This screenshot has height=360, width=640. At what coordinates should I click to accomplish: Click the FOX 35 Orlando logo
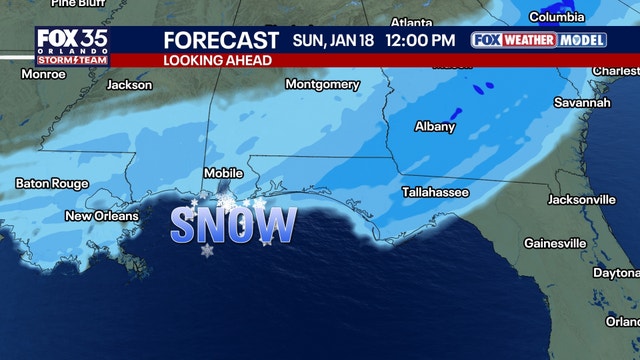click(x=72, y=46)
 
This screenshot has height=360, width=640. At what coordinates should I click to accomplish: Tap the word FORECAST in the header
click(x=221, y=40)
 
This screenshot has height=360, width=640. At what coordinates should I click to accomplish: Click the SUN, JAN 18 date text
click(x=335, y=40)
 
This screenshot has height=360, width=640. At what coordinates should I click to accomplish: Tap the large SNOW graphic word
click(x=233, y=223)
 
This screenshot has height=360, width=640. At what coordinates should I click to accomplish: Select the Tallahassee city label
click(x=435, y=191)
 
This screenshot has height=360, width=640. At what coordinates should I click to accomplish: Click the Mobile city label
click(x=223, y=173)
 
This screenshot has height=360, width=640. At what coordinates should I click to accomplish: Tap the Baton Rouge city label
click(x=52, y=183)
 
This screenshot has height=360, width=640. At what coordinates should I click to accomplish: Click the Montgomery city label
click(x=321, y=84)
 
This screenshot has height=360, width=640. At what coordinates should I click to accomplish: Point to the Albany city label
click(x=435, y=127)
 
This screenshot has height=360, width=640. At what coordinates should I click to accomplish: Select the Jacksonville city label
click(x=581, y=199)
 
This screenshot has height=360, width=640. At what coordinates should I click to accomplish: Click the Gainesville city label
click(x=555, y=243)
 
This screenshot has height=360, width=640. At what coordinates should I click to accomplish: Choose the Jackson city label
click(x=129, y=85)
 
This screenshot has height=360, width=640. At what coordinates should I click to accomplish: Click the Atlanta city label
click(x=411, y=22)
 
